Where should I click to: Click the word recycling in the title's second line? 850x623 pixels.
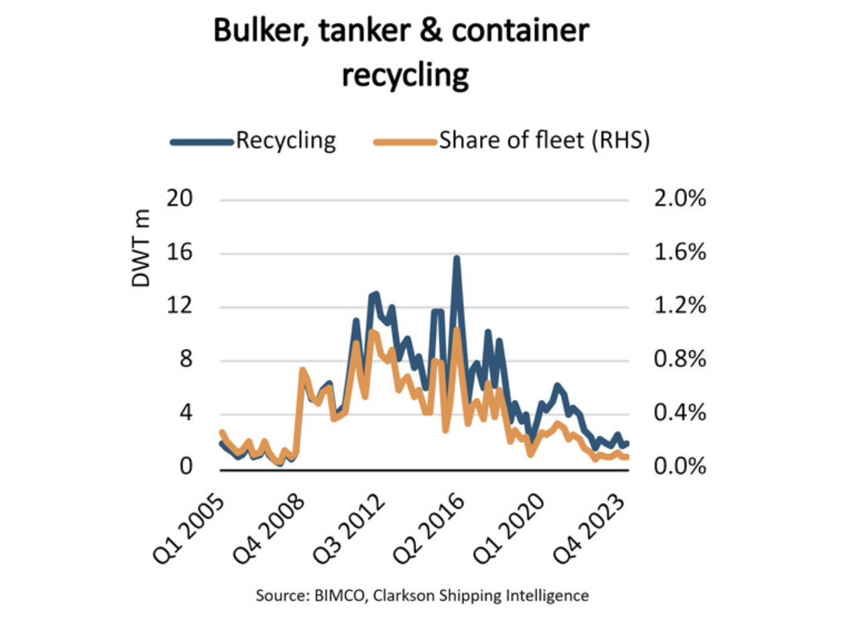tap(404, 76)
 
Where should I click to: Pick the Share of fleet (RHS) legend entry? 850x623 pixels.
tap(544, 141)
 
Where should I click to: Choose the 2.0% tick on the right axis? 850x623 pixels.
tap(675, 200)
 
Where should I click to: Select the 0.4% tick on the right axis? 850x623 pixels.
tap(675, 413)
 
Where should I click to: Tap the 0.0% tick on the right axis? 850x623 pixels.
tap(675, 467)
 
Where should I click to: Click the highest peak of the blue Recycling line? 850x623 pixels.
tap(457, 258)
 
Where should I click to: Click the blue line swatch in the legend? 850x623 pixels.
tap(200, 141)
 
